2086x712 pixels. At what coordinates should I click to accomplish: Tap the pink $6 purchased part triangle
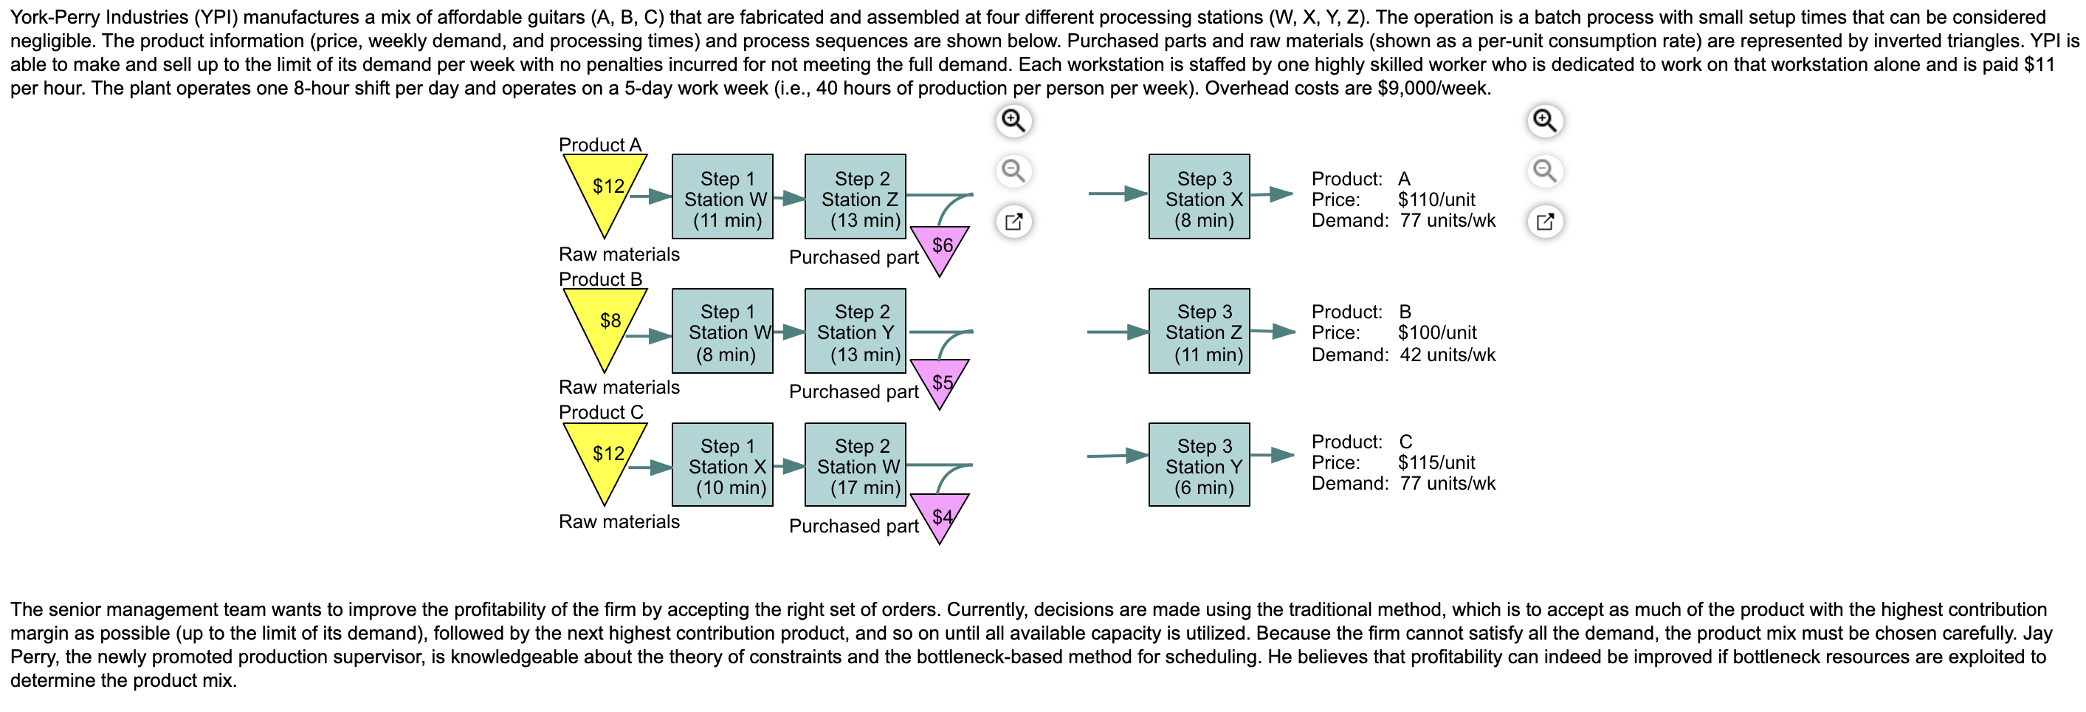point(940,246)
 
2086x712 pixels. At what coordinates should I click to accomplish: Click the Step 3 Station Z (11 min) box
point(1199,332)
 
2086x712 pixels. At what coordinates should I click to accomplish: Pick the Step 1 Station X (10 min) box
point(723,466)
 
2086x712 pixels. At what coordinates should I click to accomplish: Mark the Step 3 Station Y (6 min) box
point(1199,466)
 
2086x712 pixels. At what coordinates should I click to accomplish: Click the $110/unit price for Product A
point(1436,200)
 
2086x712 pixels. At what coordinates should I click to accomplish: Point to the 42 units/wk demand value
point(1447,355)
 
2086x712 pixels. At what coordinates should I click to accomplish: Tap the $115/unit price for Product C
point(1436,463)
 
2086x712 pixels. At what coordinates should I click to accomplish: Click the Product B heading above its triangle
point(600,279)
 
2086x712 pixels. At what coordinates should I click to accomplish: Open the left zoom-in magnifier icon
point(1013,120)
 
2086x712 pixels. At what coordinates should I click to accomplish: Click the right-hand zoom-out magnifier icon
point(1544,171)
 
